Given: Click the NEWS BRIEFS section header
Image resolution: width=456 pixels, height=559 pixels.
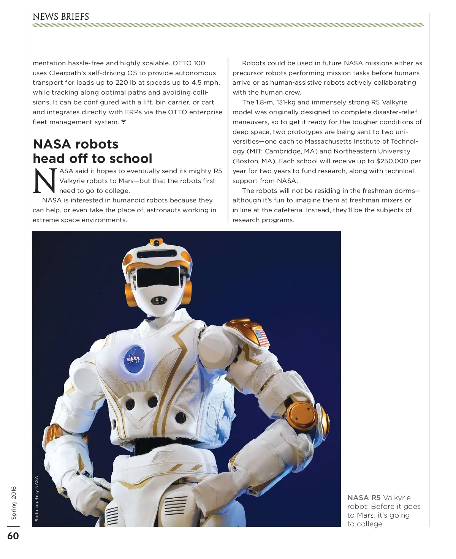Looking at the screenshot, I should (x=61, y=17).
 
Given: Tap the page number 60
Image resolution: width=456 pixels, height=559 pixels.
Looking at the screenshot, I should (x=13, y=536).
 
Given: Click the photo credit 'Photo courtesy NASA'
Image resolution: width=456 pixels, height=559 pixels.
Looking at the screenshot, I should (x=37, y=499).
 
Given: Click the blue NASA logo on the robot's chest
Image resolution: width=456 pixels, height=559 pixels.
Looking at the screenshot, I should (x=133, y=358).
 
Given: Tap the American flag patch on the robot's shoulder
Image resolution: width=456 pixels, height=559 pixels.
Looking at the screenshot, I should (x=262, y=338).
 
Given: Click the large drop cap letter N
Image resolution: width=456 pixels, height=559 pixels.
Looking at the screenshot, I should (x=45, y=181).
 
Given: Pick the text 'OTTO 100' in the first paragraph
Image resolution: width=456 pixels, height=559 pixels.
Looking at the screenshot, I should (x=189, y=63).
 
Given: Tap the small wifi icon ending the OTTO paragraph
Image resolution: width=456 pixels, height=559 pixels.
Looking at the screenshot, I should (x=123, y=122).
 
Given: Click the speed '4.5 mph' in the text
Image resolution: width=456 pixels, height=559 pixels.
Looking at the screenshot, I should (x=206, y=82).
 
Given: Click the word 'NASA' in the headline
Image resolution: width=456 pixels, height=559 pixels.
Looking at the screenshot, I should (x=52, y=144).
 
